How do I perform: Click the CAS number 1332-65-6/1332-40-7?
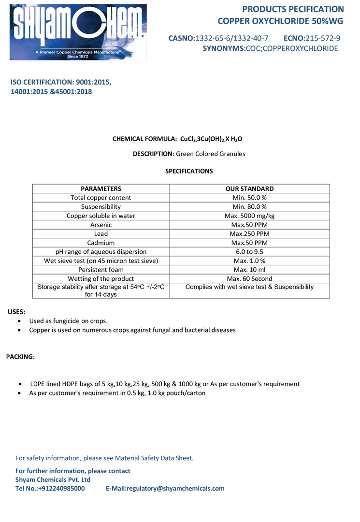tap(231, 38)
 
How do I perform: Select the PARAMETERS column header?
tap(101, 188)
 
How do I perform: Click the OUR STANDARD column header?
tap(249, 188)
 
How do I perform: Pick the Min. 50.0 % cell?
tap(249, 198)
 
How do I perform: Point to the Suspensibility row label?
tap(101, 207)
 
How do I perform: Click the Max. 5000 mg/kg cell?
tap(249, 216)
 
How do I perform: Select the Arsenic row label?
tap(101, 225)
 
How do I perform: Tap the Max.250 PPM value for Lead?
tap(249, 234)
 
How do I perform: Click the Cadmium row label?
tap(101, 243)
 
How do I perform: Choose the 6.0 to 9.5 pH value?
tap(249, 252)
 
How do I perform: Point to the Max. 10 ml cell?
tap(249, 270)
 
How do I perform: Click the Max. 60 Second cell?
tap(249, 279)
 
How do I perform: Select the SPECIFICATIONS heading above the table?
tap(189, 171)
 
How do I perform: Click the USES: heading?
tap(16, 312)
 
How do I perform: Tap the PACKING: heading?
tap(20, 357)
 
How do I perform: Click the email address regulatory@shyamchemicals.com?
tap(176, 488)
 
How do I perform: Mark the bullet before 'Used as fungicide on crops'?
tap(19, 321)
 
